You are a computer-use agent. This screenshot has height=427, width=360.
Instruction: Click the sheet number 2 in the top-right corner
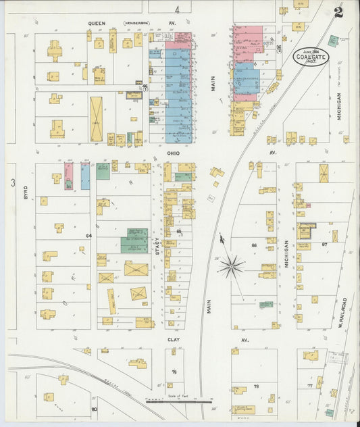[338, 11]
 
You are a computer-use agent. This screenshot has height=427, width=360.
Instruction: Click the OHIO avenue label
[173, 153]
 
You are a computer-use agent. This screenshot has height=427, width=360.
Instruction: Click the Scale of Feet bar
[184, 401]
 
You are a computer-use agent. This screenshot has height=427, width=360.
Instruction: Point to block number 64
[88, 235]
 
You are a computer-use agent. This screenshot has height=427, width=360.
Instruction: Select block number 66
[254, 245]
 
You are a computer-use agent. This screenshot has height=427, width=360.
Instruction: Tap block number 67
[324, 244]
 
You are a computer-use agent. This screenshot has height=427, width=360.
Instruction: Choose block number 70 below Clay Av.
[174, 372]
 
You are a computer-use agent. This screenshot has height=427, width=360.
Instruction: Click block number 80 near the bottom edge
[94, 409]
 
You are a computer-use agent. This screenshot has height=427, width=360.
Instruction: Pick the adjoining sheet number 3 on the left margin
[12, 182]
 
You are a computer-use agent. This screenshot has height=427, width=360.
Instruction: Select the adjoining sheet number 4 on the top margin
[176, 9]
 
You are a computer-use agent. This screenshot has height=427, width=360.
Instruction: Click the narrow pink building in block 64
[68, 175]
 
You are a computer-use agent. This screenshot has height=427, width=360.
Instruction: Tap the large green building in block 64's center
[134, 240]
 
